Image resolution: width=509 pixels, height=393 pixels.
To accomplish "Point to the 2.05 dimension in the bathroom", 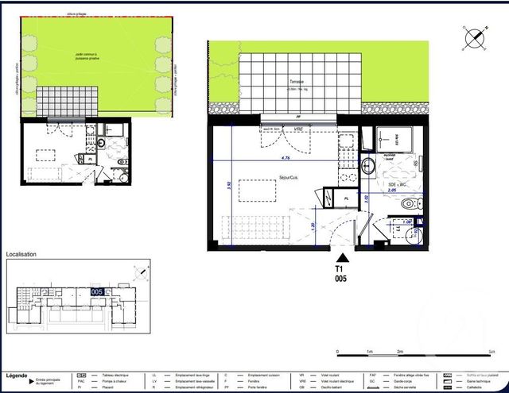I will tap(391, 191).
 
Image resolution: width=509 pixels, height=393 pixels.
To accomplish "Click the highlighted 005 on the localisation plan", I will tap(96, 291).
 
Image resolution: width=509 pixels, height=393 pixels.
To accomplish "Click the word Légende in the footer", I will tap(16, 375).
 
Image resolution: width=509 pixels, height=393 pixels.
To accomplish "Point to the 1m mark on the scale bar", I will tap(369, 351).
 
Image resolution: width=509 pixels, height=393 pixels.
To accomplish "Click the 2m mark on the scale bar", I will tap(400, 351).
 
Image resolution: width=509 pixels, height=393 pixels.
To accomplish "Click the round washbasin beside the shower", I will tap(369, 165).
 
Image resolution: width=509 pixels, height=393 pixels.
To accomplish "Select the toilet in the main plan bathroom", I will tap(406, 205).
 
